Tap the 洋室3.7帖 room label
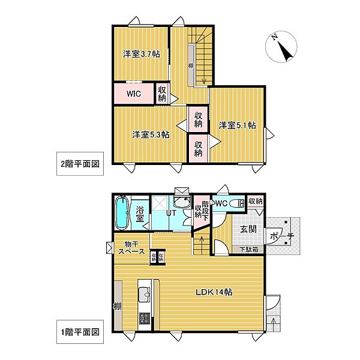(142, 54)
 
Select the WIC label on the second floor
(134, 94)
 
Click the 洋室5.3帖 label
(151, 134)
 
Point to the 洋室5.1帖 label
(237, 125)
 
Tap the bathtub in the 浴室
(121, 214)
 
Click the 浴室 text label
(140, 214)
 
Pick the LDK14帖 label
(216, 292)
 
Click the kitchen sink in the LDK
(144, 295)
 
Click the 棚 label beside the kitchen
(116, 308)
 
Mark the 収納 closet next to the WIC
(163, 93)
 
